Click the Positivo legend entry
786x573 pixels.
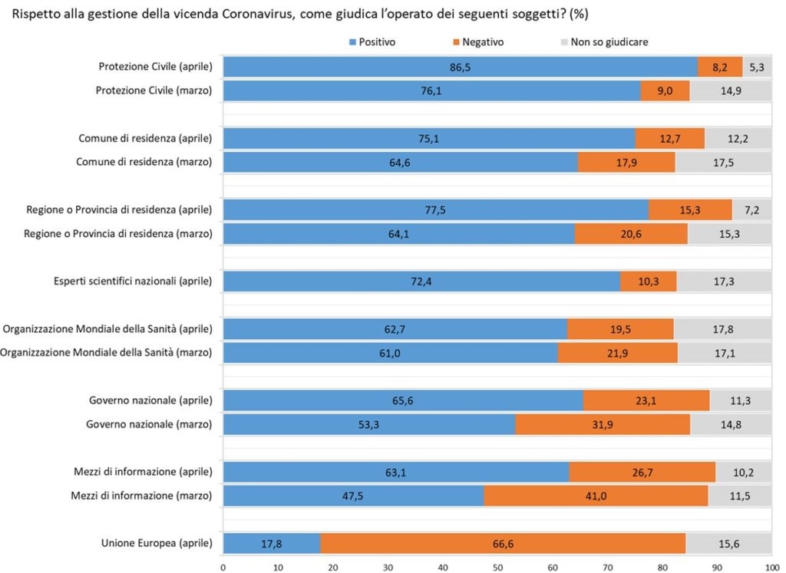372,41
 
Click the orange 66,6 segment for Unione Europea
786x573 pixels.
503,543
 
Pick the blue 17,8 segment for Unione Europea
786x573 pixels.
272,543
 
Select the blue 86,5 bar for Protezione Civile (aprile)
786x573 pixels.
460,68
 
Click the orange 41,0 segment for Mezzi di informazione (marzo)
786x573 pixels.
596,496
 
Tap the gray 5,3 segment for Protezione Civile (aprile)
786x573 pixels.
757,68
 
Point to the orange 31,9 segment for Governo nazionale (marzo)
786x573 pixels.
603,423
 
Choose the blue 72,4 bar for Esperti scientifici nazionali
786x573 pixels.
421,282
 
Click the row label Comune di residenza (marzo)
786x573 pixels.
145,162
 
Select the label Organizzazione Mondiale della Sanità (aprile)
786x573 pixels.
107,329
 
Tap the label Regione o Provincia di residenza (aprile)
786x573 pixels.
119,209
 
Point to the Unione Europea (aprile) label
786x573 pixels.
157,543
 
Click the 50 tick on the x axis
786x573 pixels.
497,567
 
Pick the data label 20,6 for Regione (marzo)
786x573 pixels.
630,234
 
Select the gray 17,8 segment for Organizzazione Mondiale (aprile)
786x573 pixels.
722,329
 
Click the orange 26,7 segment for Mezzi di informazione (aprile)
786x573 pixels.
642,473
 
